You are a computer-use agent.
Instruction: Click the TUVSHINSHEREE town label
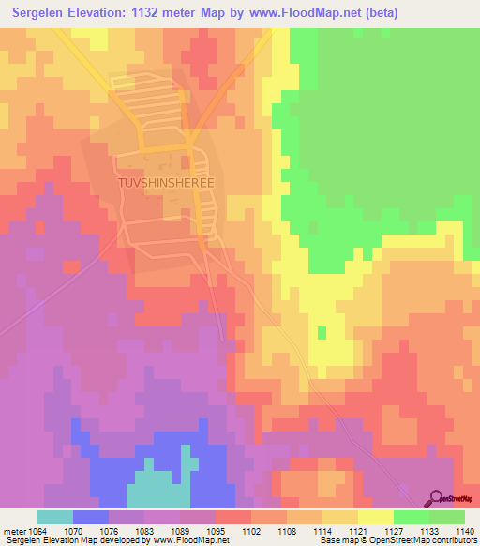[x=166, y=184]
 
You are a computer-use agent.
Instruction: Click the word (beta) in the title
[x=375, y=13]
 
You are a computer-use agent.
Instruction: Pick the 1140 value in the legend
[x=464, y=530]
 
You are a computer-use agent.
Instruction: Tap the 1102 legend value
[x=251, y=530]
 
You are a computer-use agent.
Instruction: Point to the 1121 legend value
[x=358, y=530]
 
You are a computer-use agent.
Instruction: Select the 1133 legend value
[x=429, y=530]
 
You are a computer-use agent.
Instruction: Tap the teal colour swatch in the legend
[x=55, y=517]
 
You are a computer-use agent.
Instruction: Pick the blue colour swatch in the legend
[x=91, y=517]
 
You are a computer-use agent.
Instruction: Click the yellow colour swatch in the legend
[x=375, y=517]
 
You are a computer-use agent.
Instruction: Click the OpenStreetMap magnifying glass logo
[x=436, y=498]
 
